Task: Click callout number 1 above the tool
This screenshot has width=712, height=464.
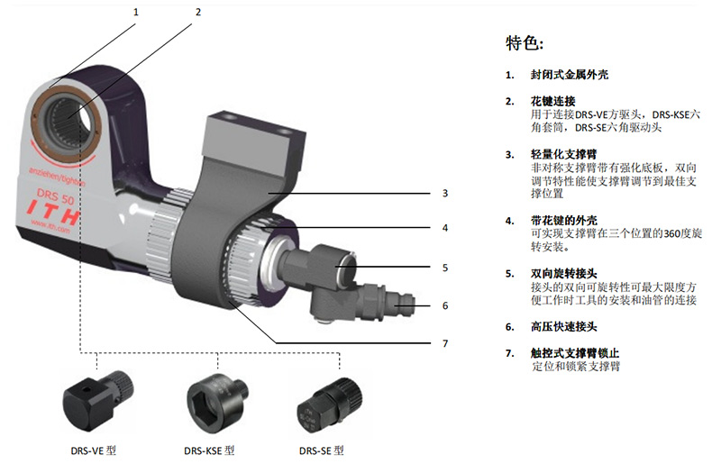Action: click(x=137, y=13)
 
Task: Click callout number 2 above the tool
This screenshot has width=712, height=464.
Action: click(x=197, y=13)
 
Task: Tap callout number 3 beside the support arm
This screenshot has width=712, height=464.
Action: click(x=444, y=193)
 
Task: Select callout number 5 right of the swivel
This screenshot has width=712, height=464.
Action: click(x=444, y=267)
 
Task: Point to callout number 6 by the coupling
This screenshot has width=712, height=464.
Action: click(x=444, y=305)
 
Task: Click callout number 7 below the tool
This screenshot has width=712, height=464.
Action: click(x=444, y=343)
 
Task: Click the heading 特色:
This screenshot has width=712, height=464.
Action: click(x=526, y=43)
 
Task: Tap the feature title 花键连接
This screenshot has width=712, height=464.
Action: click(x=552, y=101)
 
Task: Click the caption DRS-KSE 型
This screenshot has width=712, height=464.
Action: click(x=209, y=450)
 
